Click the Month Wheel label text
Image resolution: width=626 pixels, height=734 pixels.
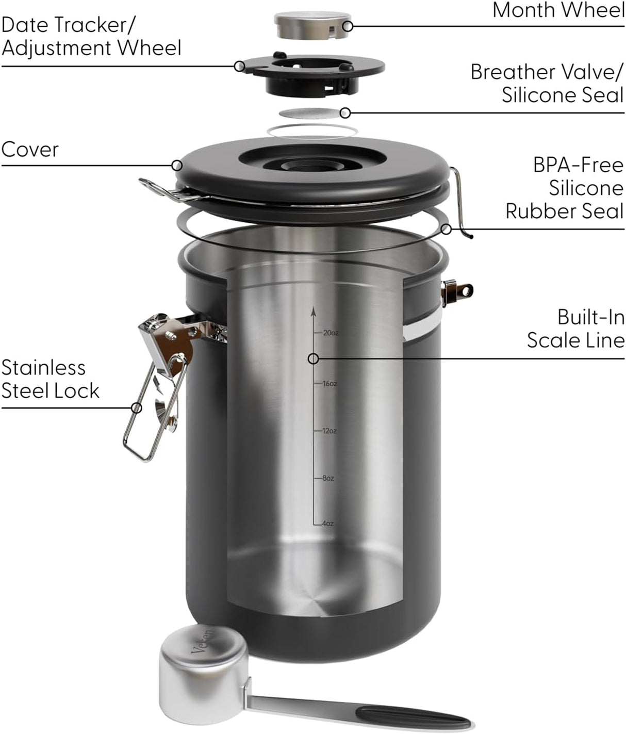coord(558,10)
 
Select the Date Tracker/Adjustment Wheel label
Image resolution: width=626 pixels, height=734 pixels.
coord(91,36)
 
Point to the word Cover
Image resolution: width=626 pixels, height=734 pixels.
coord(30,150)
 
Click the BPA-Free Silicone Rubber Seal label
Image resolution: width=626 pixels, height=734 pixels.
coord(565,188)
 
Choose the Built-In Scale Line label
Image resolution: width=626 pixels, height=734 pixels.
coord(575,329)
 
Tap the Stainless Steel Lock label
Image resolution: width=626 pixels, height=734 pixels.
coord(50,379)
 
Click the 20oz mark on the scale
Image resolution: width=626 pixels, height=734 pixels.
coord(330,333)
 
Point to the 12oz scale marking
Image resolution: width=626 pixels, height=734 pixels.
coord(329,431)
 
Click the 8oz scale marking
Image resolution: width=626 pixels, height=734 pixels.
coord(327,478)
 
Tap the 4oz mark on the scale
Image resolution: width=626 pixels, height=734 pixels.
coord(327,524)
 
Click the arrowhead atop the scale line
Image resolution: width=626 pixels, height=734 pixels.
coord(313,311)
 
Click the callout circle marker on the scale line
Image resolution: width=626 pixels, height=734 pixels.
coord(313,358)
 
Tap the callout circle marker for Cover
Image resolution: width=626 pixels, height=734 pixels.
coord(177,165)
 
